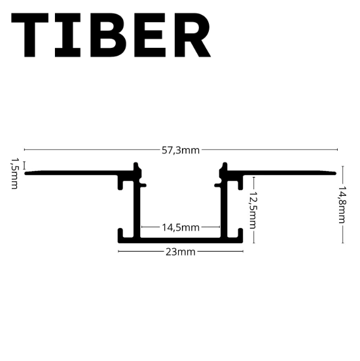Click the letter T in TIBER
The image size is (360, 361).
pyautogui.click(x=30, y=35)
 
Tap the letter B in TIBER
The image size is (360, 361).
pyautogui.click(x=109, y=35)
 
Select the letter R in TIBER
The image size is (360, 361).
pyautogui.click(x=192, y=35)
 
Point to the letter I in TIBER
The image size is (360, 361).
pyautogui.click(x=68, y=35)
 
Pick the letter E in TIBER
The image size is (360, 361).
pyautogui.click(x=150, y=35)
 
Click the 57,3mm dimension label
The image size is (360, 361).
pyautogui.click(x=181, y=150)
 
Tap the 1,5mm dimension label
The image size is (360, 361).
pyautogui.click(x=14, y=174)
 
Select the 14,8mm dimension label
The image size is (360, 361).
pyautogui.click(x=342, y=204)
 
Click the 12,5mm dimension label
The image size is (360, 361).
pyautogui.click(x=253, y=210)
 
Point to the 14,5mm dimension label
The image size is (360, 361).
pyautogui.click(x=181, y=227)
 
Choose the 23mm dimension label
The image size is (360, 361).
pyautogui.click(x=181, y=252)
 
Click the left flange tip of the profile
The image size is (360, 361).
pyautogui.click(x=26, y=173)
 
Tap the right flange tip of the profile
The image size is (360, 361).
pyautogui.click(x=336, y=173)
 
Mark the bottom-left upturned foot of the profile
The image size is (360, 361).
pyautogui.click(x=120, y=233)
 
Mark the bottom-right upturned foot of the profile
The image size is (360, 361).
pyautogui.click(x=240, y=233)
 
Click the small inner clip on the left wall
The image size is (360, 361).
pyautogui.click(x=143, y=185)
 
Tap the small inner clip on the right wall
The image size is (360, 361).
pyautogui.click(x=217, y=185)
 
